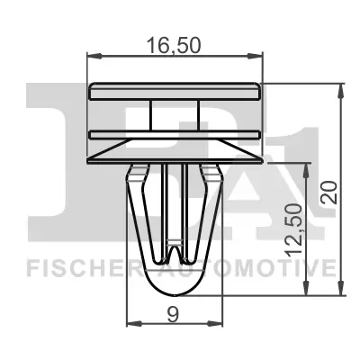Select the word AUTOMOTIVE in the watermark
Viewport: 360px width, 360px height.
pyautogui.click(x=262, y=267)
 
